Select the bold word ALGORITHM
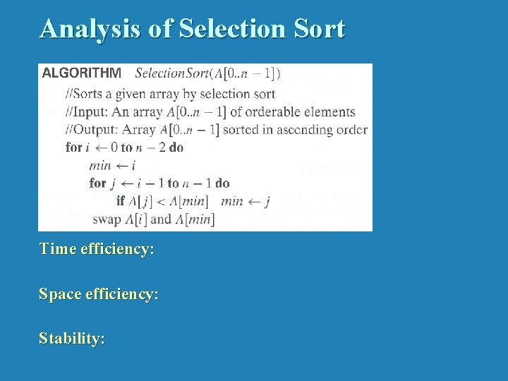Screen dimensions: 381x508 (x=82, y=73)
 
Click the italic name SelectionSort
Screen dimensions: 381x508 (x=174, y=73)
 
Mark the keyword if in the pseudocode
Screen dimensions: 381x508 (x=120, y=201)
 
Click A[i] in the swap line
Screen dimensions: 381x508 (x=136, y=219)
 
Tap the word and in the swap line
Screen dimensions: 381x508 (x=161, y=219)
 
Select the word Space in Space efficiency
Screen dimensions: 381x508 (x=59, y=294)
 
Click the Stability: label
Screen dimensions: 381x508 (x=72, y=339)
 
